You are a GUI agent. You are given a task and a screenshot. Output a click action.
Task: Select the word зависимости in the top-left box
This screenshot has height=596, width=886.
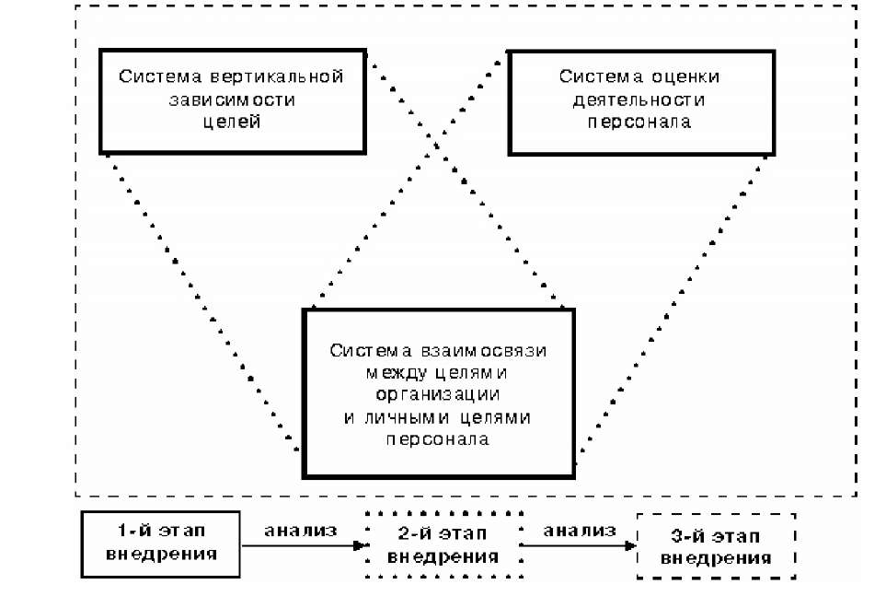tap(232, 99)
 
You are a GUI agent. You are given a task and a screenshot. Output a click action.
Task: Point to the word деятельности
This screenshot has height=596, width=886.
tap(639, 99)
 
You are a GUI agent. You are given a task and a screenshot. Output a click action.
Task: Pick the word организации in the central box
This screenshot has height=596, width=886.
tap(437, 395)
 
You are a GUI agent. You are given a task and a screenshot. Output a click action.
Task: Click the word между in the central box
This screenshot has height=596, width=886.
tap(395, 373)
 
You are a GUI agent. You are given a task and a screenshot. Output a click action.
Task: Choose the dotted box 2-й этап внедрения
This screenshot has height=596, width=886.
tap(443, 544)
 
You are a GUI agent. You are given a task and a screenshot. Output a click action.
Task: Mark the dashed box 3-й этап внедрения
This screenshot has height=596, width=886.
tap(716, 545)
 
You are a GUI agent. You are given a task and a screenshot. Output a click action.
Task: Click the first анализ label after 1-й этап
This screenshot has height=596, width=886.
tap(301, 531)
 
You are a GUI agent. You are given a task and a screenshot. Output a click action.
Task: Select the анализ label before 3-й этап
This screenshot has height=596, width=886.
tap(579, 531)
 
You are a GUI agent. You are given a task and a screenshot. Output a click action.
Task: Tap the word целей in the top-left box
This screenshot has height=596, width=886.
tap(233, 121)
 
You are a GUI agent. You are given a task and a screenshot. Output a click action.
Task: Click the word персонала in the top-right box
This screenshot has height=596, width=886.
tap(639, 121)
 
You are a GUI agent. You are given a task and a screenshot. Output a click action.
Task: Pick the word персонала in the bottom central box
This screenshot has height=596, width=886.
tap(437, 439)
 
